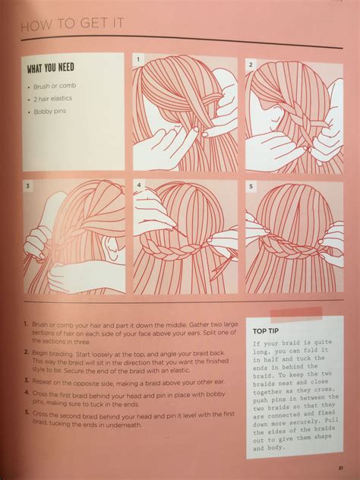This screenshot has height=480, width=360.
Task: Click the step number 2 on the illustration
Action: [250, 65]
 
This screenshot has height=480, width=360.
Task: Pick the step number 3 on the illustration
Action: [27, 185]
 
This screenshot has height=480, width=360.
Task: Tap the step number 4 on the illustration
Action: [139, 185]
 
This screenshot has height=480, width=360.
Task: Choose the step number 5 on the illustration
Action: [250, 185]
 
